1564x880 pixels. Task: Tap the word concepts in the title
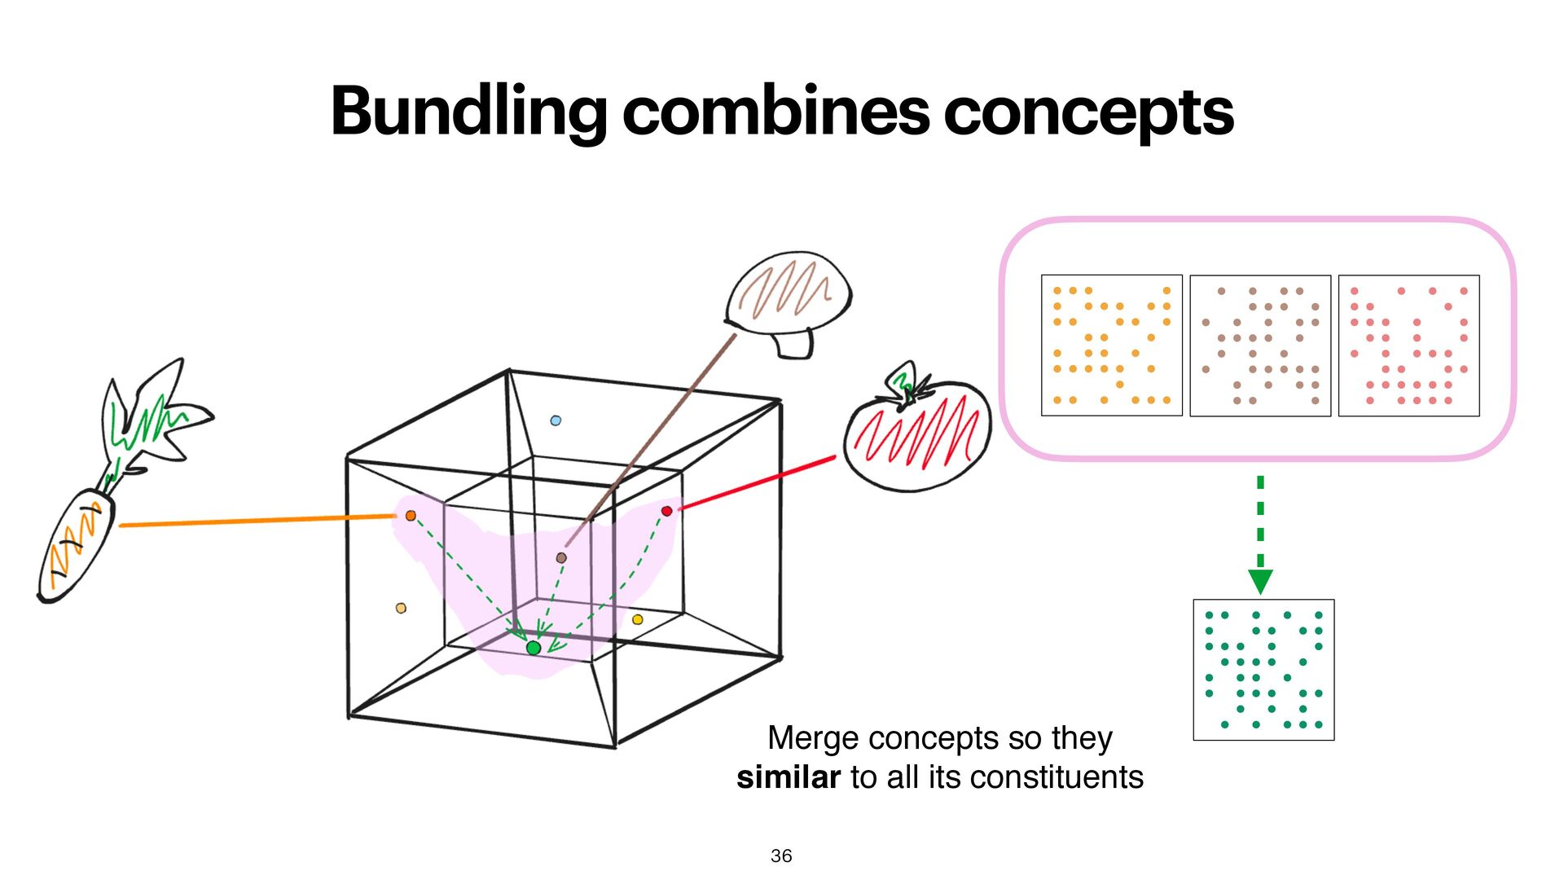tap(1088, 112)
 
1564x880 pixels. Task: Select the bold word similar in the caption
tap(788, 777)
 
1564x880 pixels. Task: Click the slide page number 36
tap(781, 856)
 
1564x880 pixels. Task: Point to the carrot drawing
tap(77, 542)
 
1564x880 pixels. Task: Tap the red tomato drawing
tap(918, 436)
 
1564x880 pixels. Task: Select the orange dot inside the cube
tap(411, 516)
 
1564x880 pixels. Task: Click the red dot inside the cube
tap(666, 511)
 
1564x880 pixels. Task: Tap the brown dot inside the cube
tap(561, 558)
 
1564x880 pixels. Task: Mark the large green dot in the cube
tap(534, 648)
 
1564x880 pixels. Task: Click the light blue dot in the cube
tap(556, 420)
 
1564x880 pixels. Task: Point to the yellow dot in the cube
tap(638, 620)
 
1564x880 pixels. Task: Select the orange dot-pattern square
tap(1112, 345)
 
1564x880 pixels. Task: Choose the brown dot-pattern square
tap(1260, 345)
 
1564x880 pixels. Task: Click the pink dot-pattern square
tap(1408, 345)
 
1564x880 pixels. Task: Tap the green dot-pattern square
tap(1263, 670)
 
